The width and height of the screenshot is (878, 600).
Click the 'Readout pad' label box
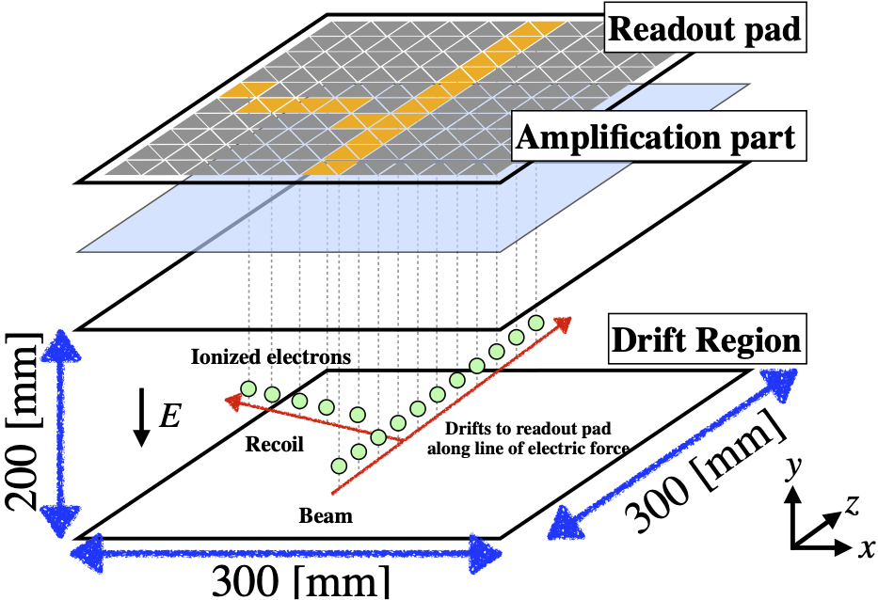pos(705,28)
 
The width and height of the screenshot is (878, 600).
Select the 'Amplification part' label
pos(659,136)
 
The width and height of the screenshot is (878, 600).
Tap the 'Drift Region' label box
pos(708,339)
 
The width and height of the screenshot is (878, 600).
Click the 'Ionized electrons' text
pos(271,356)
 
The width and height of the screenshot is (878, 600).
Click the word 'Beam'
pos(326,515)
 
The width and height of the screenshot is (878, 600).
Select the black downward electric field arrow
pos(142,418)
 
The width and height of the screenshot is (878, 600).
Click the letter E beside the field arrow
pos(169,416)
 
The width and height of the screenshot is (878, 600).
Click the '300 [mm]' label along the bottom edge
pos(300,582)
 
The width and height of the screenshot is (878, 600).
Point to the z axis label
pos(851,505)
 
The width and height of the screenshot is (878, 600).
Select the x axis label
pos(866,548)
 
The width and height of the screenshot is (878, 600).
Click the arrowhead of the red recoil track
pos(231,399)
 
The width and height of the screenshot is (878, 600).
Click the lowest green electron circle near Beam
pos(339,466)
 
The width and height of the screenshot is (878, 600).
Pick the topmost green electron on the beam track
pos(535,323)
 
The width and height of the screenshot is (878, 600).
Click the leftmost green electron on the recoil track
pos(248,388)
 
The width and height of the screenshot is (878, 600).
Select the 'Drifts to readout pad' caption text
pos(528,429)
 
